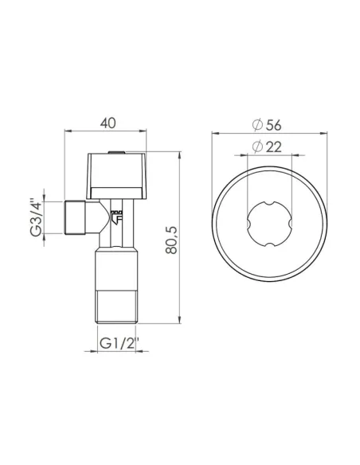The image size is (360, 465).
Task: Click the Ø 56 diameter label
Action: pos(268,124)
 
